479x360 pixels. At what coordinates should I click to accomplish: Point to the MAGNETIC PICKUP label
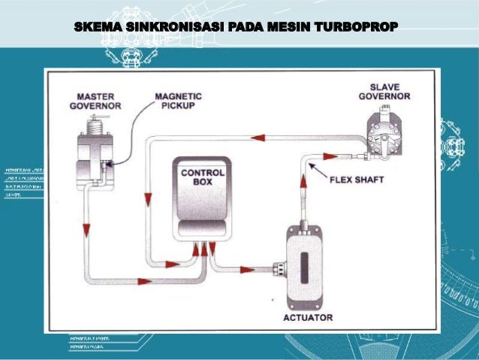pos(177,101)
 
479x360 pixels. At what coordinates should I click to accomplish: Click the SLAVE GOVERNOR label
pos(384,92)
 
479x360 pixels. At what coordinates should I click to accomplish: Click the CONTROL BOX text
pos(198,177)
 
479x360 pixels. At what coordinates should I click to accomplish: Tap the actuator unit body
pos(308,267)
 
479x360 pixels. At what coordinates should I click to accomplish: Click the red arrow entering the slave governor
pos(330,156)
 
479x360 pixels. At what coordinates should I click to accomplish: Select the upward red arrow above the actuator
pos(303,181)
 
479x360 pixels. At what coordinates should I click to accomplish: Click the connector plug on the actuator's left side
pos(279,266)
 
